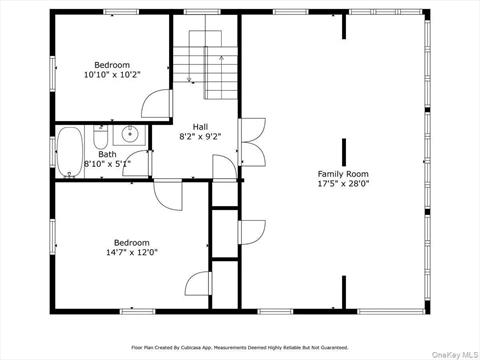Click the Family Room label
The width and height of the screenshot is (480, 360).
[343, 174]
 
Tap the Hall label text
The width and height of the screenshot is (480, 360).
[200, 127]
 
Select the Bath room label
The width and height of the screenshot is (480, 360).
[107, 154]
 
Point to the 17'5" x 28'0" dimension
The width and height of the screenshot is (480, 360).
[343, 183]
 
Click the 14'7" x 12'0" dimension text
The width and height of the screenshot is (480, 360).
[132, 252]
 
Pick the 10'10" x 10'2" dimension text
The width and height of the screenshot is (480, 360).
[112, 75]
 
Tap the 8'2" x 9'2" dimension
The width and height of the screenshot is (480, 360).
[200, 137]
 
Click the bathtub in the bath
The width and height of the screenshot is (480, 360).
[70, 152]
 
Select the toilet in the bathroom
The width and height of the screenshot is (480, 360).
[100, 137]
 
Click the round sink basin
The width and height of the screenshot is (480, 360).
[130, 134]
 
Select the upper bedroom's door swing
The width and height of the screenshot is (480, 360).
[156, 103]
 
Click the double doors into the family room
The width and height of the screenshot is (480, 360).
[253, 142]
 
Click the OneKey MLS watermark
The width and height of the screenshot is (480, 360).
[455, 354]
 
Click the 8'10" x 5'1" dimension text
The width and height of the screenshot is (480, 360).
[107, 164]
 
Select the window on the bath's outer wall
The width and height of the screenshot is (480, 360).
[53, 152]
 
